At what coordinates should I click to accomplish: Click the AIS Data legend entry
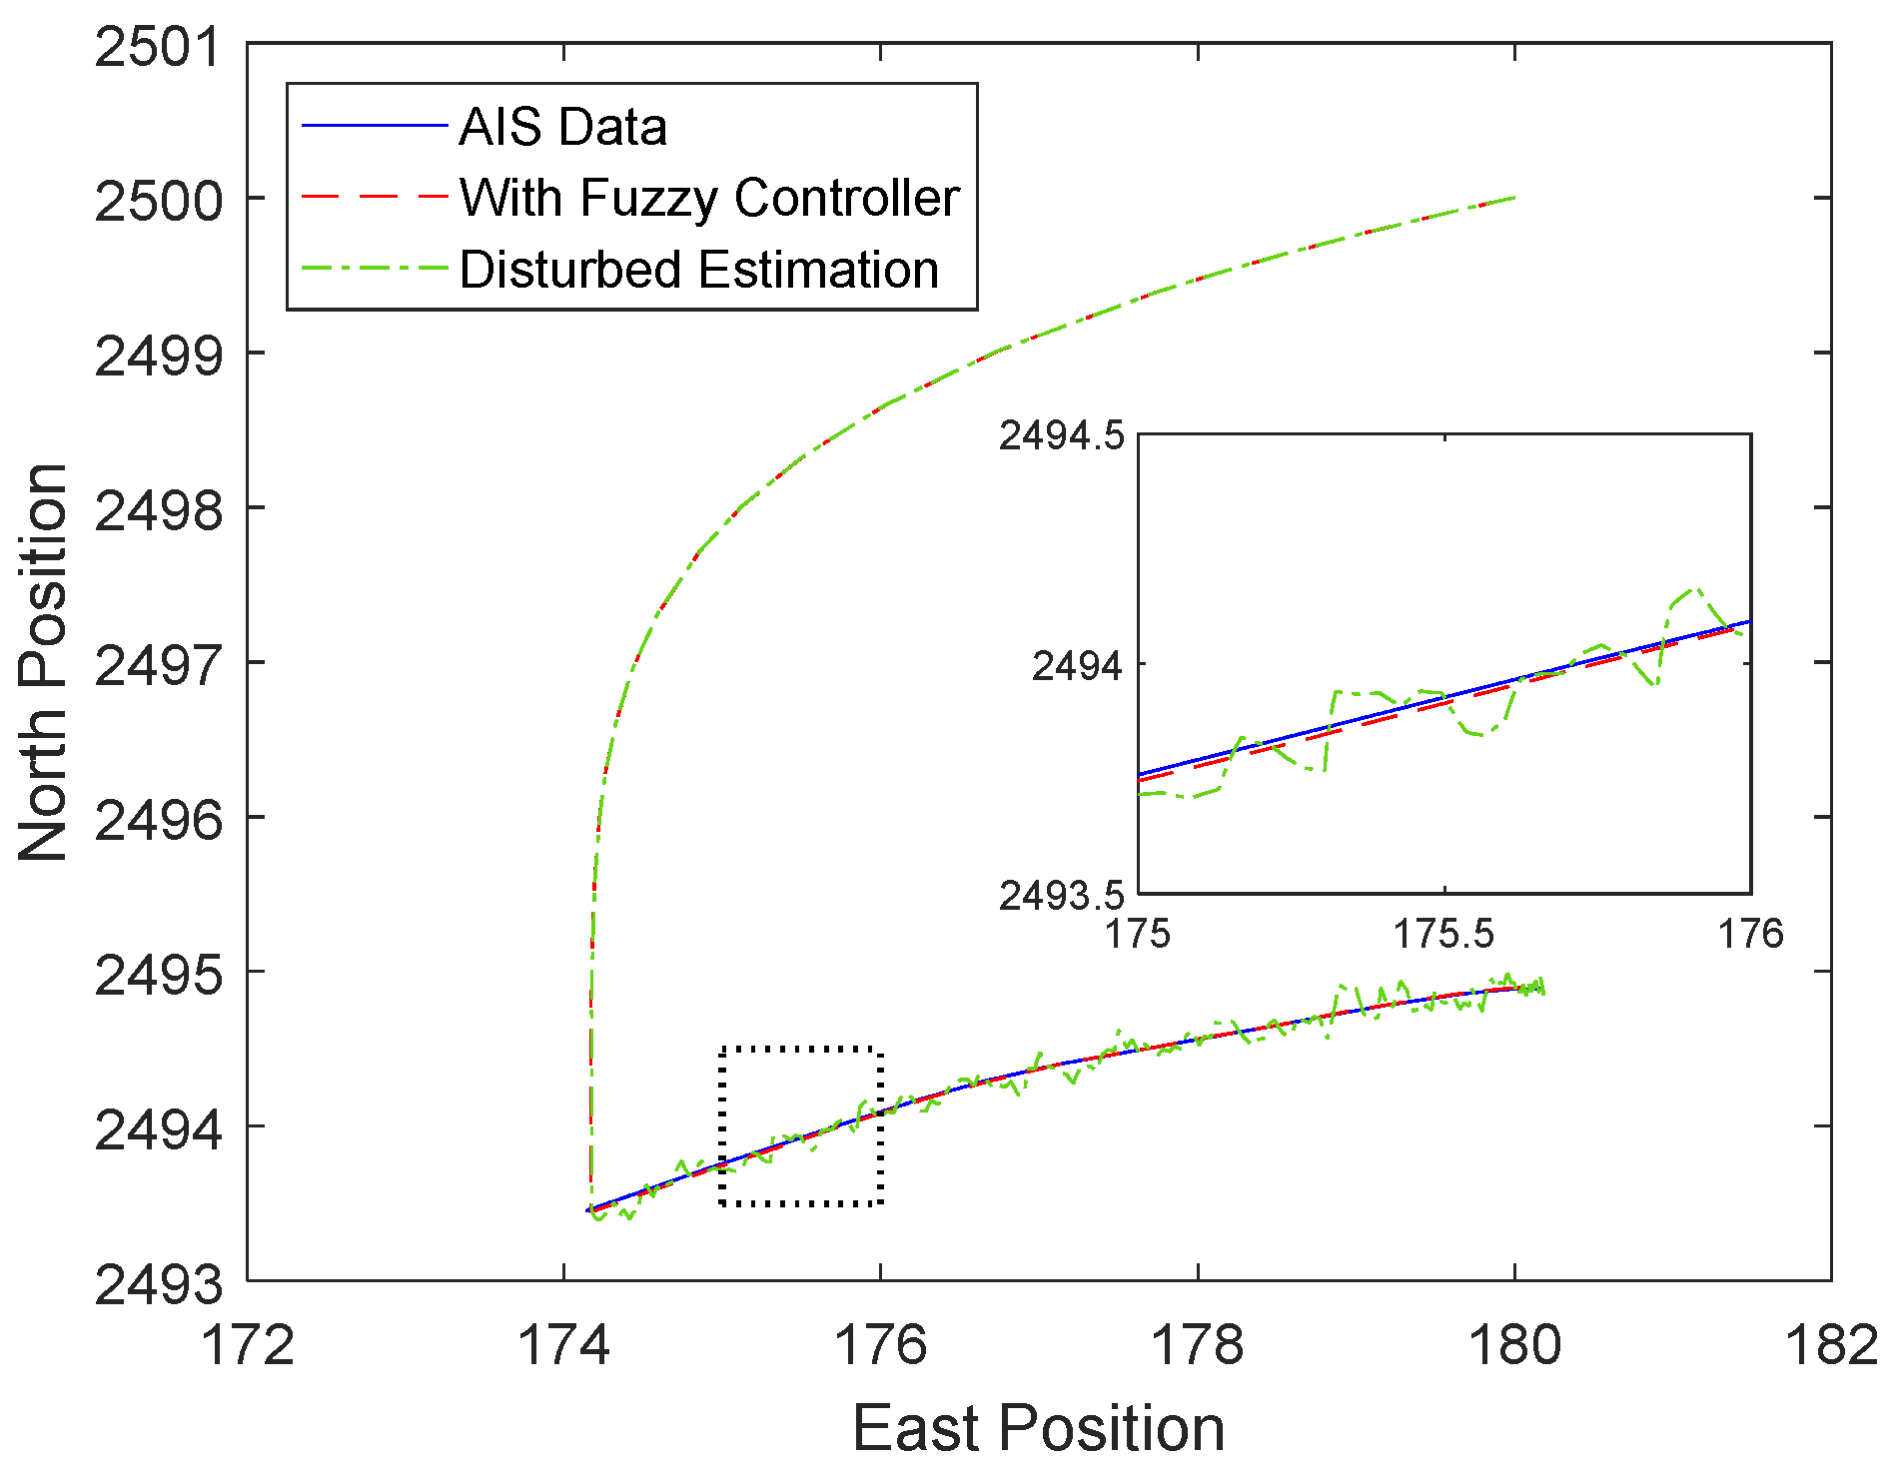tap(562, 127)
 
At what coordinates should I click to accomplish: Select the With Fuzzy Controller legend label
tap(709, 198)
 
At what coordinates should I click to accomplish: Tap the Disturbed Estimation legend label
tap(699, 270)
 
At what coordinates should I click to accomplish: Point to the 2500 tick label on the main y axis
tap(159, 201)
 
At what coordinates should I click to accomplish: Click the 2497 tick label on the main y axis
tap(159, 665)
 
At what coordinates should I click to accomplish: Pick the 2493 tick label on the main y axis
tap(159, 1284)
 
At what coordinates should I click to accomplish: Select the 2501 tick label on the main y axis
tap(159, 47)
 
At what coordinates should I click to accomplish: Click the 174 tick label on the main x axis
tap(563, 1345)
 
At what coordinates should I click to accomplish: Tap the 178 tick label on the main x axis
tap(1198, 1345)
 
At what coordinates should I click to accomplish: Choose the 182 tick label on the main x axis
tap(1831, 1345)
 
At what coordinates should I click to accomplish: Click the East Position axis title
tap(1039, 1428)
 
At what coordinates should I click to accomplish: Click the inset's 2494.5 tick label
tap(1062, 435)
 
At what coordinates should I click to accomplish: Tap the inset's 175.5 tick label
tap(1444, 934)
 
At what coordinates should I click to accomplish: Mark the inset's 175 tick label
tap(1139, 934)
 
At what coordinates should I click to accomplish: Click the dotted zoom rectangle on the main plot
tap(721, 1126)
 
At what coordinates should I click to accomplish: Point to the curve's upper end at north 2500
tap(1514, 198)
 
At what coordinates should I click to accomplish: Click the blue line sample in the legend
tap(374, 126)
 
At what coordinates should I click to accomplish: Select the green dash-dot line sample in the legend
tap(374, 270)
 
